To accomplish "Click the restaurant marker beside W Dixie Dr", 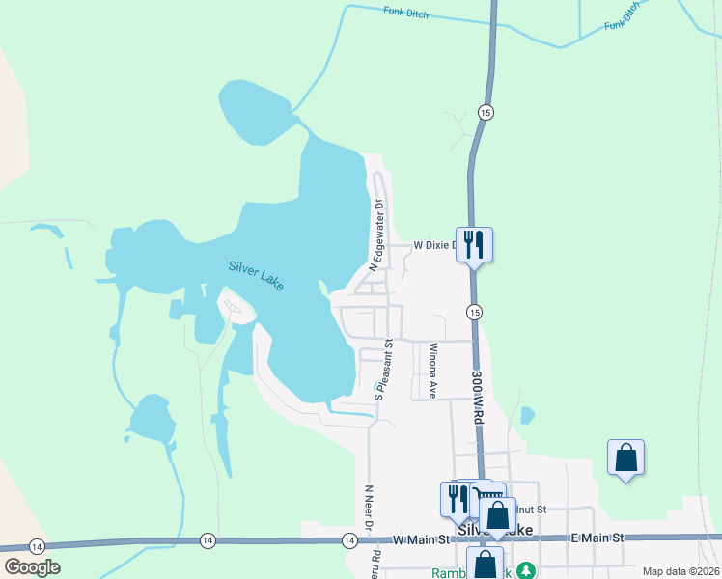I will coord(474,243).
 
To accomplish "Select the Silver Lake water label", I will coord(258,275).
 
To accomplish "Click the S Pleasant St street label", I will coord(383,370).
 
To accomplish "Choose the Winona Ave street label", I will coord(433,371).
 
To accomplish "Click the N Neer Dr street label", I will coord(368,508).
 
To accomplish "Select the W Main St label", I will coord(420,539).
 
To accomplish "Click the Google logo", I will coord(32,567).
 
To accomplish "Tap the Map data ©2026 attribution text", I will coord(680,571).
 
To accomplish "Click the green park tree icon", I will coord(525,570).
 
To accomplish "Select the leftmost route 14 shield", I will coord(36,546).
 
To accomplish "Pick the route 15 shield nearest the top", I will coord(486,113).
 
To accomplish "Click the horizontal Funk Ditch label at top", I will coord(404,13).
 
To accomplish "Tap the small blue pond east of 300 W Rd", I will coord(527,416).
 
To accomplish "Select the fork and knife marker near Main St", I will coord(454,498).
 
